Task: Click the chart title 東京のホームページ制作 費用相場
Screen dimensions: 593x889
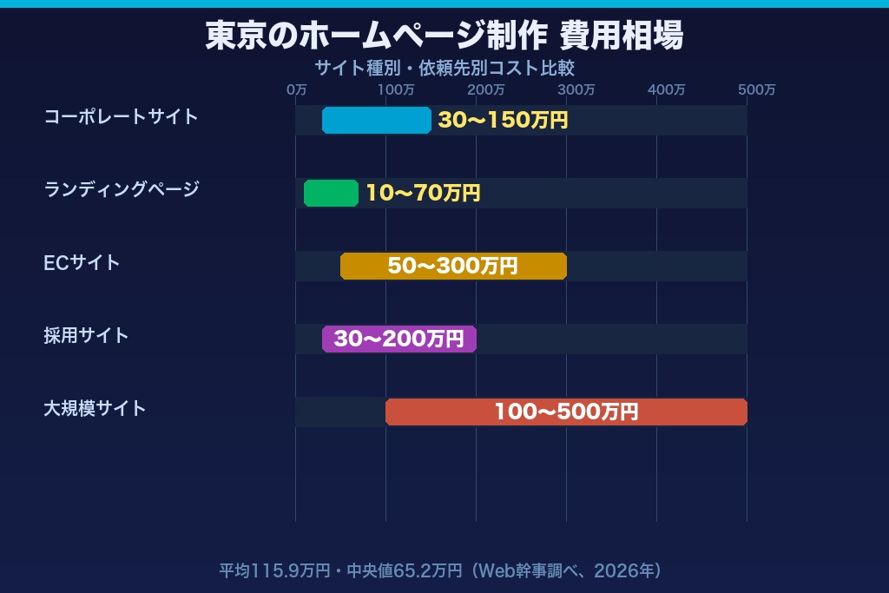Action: [444, 36]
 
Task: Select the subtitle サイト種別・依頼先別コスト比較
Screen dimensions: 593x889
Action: [444, 68]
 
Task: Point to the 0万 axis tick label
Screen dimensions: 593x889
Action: [296, 89]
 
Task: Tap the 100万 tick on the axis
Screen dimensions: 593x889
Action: [396, 89]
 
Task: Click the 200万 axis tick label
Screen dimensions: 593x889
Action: [486, 89]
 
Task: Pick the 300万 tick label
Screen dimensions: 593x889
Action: [576, 89]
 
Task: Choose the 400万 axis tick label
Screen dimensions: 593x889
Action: [667, 89]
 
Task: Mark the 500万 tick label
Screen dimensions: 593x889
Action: [757, 89]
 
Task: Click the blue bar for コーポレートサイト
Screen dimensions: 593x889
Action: [377, 121]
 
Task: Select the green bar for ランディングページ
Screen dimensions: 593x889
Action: [331, 193]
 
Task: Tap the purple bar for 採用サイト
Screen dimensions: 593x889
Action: [399, 339]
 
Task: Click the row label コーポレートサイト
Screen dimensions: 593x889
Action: [122, 116]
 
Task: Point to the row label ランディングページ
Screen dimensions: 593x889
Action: [122, 189]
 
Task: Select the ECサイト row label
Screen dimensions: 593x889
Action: [82, 262]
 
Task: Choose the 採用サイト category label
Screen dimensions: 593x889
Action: [86, 335]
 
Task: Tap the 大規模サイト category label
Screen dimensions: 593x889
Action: [95, 408]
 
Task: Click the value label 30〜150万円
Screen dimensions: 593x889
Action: [503, 121]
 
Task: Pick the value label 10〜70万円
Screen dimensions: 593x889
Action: [423, 194]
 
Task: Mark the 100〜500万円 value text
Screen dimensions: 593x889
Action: [566, 412]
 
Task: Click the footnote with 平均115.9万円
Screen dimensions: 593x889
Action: [441, 570]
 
